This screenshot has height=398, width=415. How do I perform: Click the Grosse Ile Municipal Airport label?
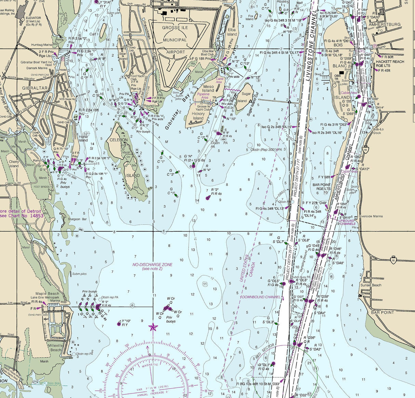pyautogui.click(x=175, y=40)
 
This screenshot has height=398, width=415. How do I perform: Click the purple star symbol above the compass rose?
pyautogui.click(x=153, y=328)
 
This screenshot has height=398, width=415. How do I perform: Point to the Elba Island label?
pyautogui.click(x=232, y=32)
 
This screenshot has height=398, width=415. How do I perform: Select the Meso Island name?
pyautogui.click(x=208, y=88)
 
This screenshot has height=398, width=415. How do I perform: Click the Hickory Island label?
pyautogui.click(x=198, y=116)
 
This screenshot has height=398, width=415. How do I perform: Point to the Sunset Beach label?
pyautogui.click(x=371, y=285)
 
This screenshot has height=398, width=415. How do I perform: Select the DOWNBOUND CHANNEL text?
pyautogui.click(x=261, y=297)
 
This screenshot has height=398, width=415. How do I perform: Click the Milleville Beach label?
pyautogui.click(x=55, y=347)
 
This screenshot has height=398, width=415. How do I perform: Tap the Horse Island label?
pyautogui.click(x=83, y=138)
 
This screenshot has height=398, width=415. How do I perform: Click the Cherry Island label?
pyautogui.click(x=14, y=164)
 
